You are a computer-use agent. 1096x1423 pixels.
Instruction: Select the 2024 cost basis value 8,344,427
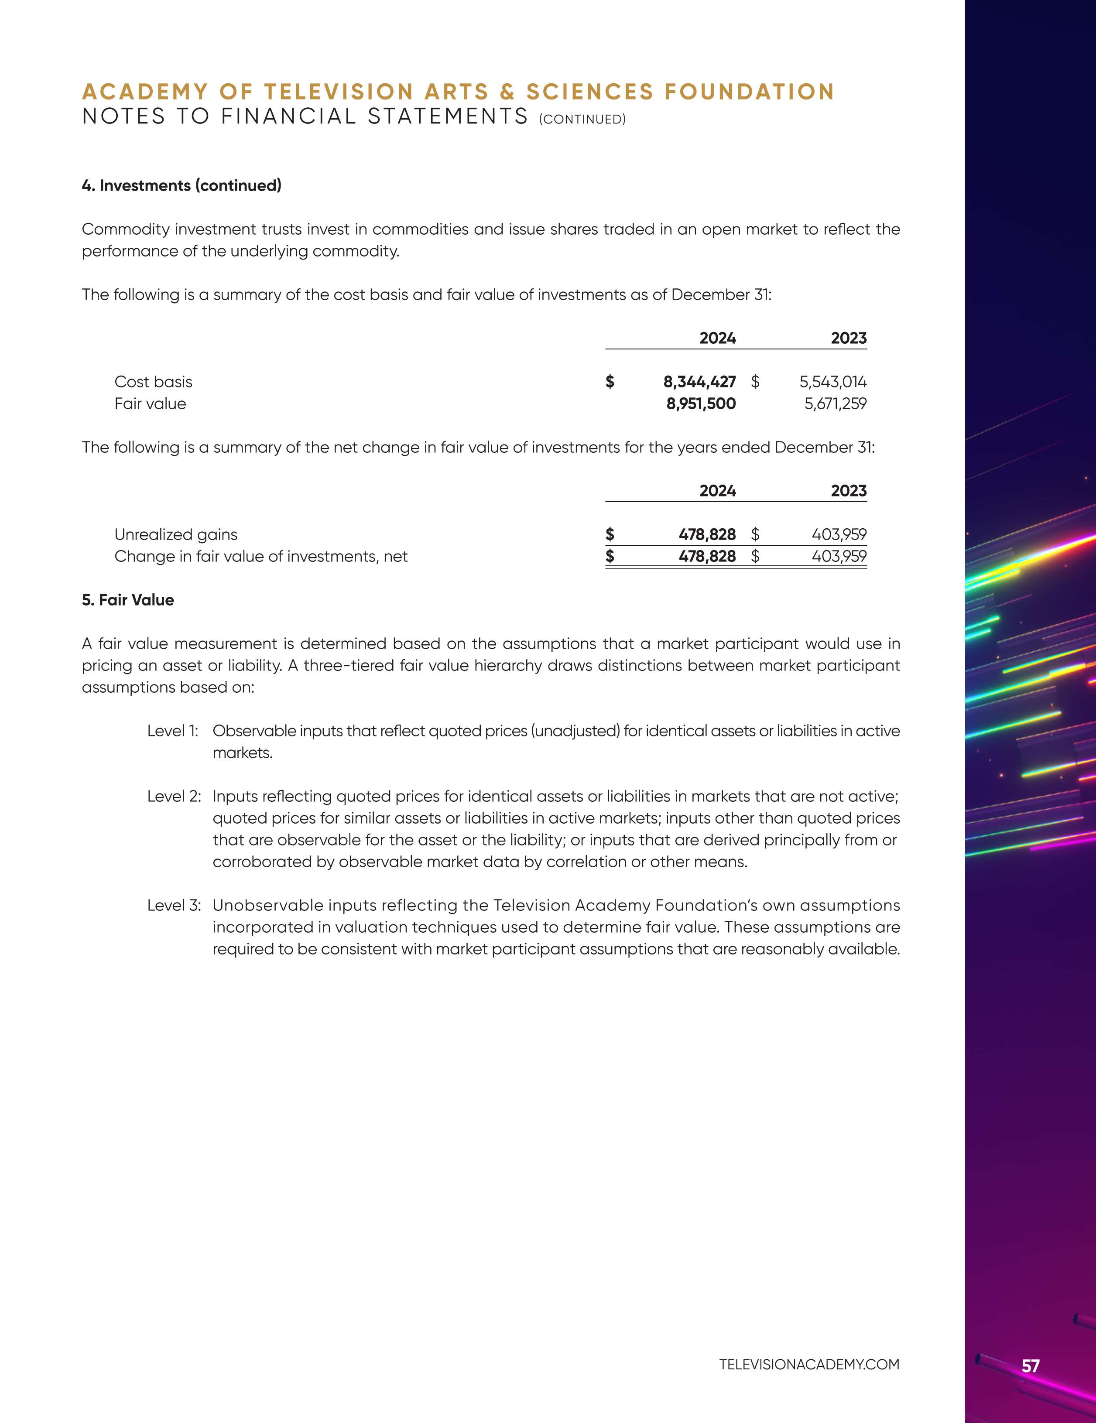point(699,382)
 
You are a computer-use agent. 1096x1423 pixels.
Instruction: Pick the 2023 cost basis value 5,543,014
point(833,382)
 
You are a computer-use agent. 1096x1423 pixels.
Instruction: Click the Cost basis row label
point(153,382)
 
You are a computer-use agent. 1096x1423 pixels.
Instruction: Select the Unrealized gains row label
point(176,534)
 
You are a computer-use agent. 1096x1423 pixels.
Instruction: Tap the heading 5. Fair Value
point(128,600)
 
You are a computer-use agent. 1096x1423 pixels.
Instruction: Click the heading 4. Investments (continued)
point(182,186)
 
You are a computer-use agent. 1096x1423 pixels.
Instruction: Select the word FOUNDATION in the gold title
point(749,92)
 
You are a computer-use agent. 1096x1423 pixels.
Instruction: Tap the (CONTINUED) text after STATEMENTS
point(582,119)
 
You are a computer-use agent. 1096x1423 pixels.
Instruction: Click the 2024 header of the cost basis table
point(717,338)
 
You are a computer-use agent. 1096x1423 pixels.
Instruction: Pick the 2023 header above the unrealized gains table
point(848,491)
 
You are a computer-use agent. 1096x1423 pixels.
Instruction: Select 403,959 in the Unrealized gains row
point(839,534)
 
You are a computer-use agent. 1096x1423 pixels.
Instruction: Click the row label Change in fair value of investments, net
point(260,557)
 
